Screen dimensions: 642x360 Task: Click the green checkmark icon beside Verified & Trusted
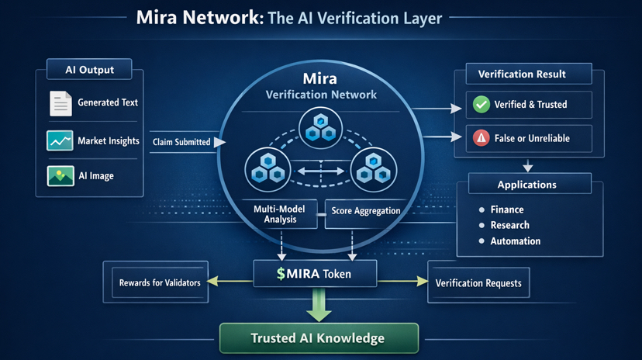[481, 105]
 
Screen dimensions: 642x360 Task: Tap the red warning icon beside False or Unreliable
[481, 138]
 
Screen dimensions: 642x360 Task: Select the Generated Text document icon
[60, 103]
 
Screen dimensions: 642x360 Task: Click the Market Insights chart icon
[60, 140]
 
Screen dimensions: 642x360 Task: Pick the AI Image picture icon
[60, 176]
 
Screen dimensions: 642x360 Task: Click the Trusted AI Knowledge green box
[319, 338]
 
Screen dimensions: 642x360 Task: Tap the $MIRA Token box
[315, 274]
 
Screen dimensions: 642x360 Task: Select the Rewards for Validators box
[160, 282]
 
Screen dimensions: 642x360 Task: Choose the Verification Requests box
[478, 283]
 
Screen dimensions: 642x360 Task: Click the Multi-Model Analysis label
[278, 214]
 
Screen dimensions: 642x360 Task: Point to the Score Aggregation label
[365, 211]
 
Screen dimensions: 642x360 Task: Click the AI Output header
[90, 70]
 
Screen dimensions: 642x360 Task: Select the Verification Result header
[522, 74]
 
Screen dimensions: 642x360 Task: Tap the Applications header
[526, 185]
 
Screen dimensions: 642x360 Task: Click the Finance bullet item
[506, 209]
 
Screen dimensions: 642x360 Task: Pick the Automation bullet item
[515, 241]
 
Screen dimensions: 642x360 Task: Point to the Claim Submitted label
[181, 142]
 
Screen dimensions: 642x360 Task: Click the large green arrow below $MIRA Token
[319, 305]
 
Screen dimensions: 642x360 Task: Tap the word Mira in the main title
[160, 18]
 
